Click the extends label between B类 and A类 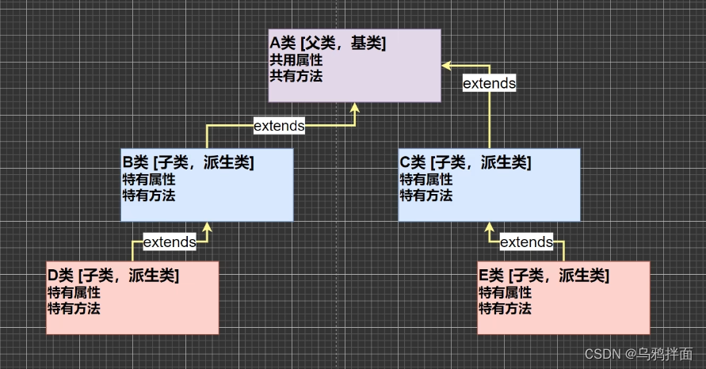pyautogui.click(x=279, y=125)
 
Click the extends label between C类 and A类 pyautogui.click(x=489, y=83)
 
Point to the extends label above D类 pyautogui.click(x=169, y=242)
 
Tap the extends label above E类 pyautogui.click(x=526, y=242)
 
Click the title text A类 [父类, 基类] pyautogui.click(x=328, y=44)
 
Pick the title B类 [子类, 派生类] pyautogui.click(x=188, y=163)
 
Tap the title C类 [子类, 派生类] pyautogui.click(x=465, y=163)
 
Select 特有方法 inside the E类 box pyautogui.click(x=505, y=308)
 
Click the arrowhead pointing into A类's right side pyautogui.click(x=446, y=62)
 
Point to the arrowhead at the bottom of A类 pyautogui.click(x=355, y=107)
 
